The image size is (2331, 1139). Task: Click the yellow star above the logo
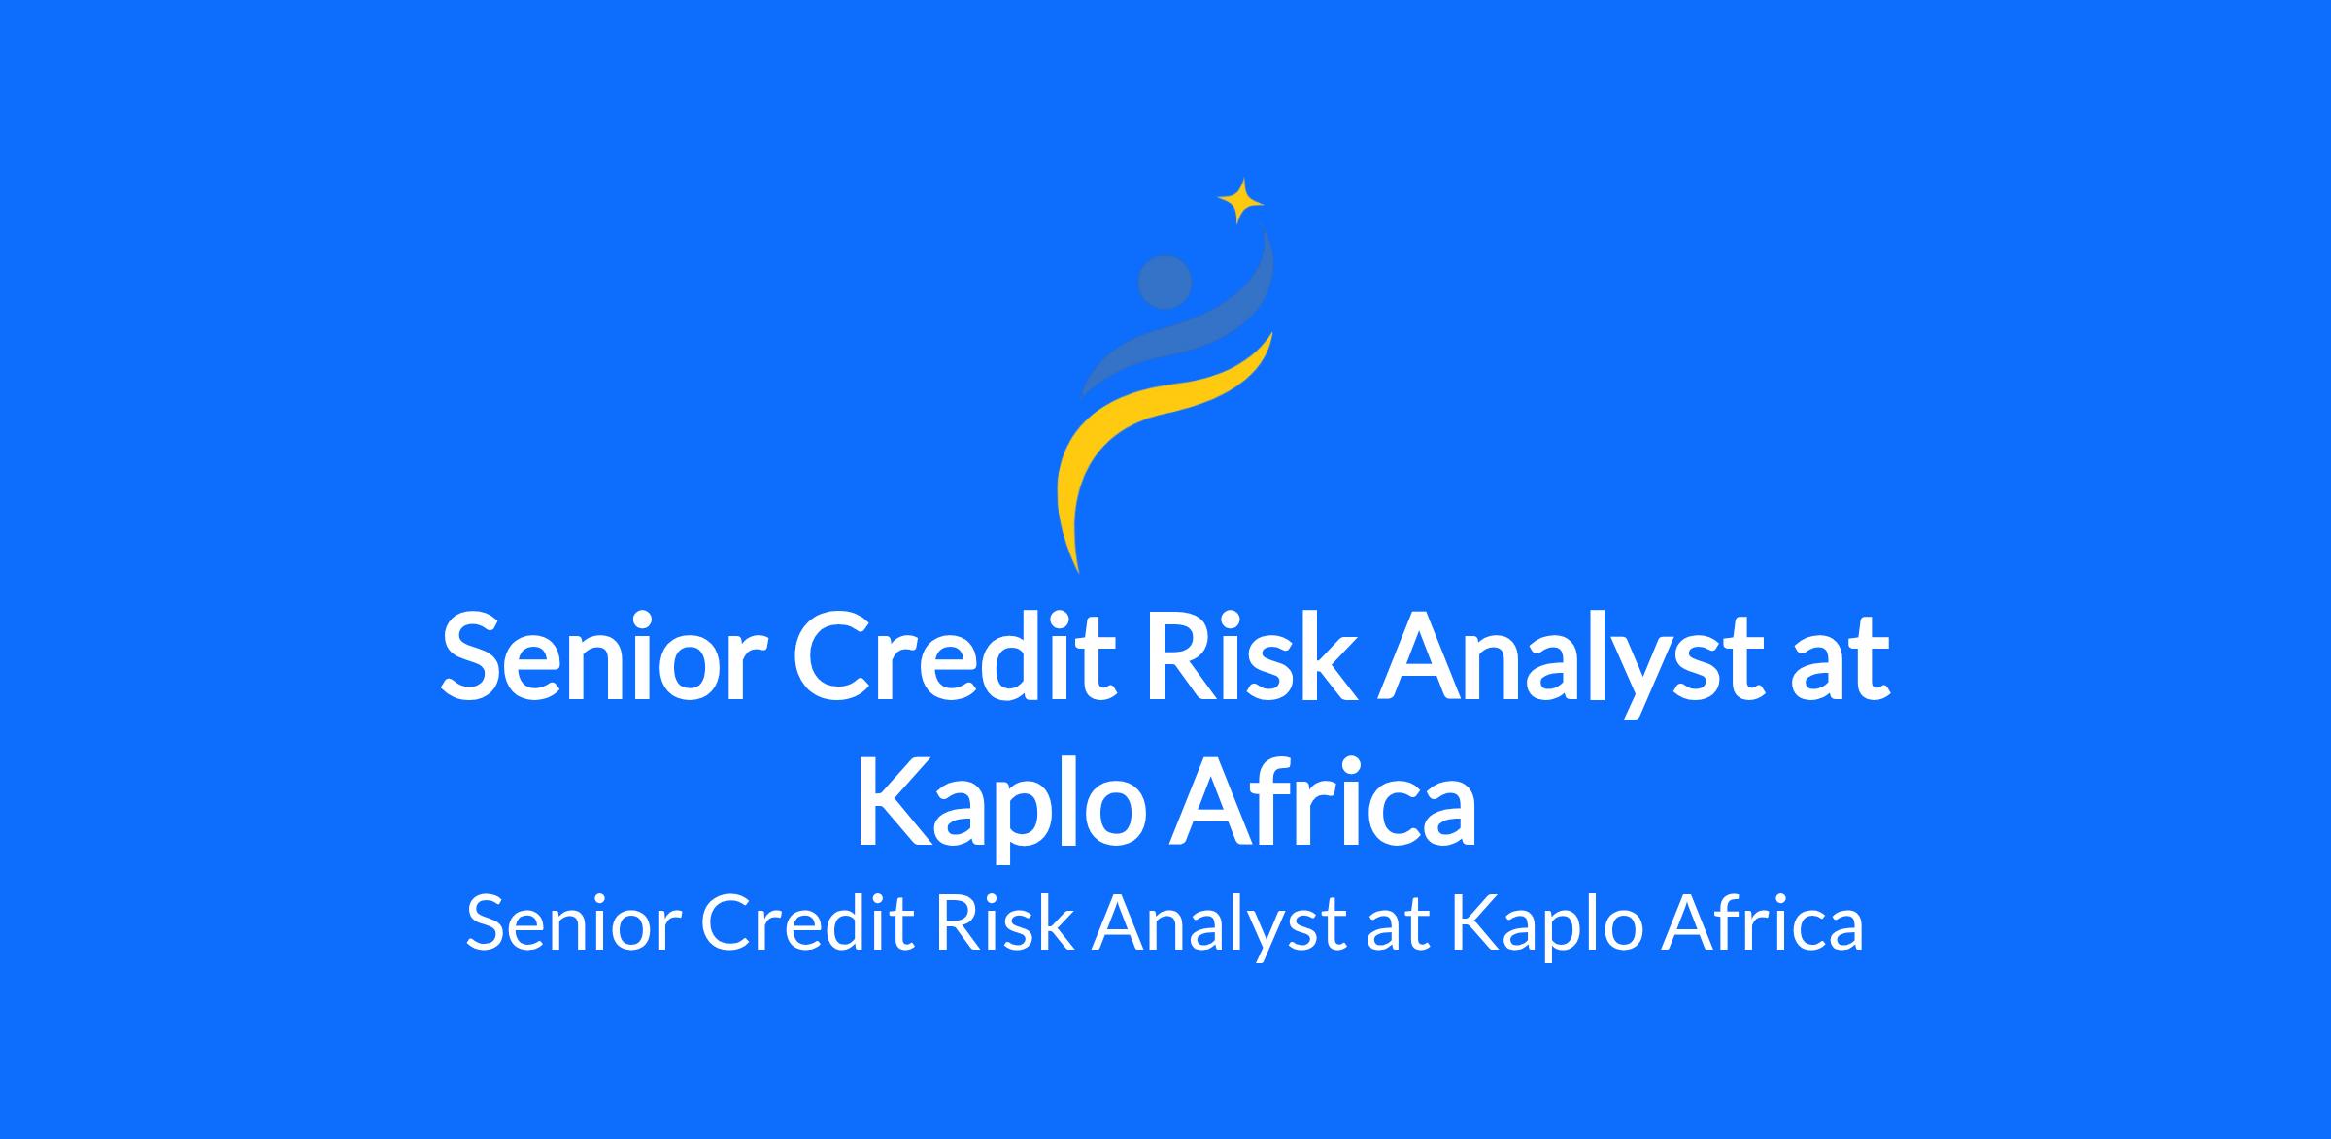pyautogui.click(x=1240, y=202)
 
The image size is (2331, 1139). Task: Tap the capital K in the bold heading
pyautogui.click(x=894, y=802)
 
